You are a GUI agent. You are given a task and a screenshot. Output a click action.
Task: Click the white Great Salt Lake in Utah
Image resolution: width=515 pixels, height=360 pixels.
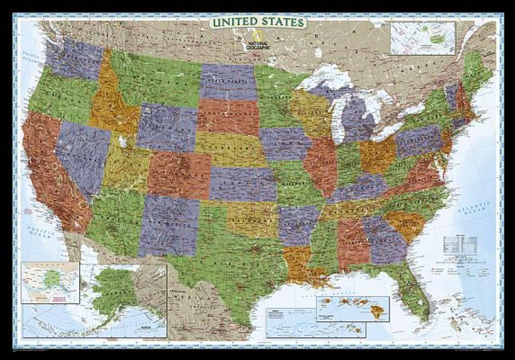tap(122, 141)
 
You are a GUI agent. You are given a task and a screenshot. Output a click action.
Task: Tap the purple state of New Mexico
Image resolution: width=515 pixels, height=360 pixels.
tap(169, 222)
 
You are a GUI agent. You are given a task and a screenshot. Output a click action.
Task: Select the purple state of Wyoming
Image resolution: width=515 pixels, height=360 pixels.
tap(167, 126)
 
